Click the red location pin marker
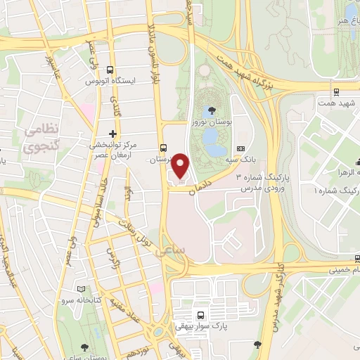[x=181, y=166]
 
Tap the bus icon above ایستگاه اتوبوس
[x=109, y=70]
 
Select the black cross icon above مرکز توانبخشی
[x=113, y=134]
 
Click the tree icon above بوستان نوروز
[x=212, y=109]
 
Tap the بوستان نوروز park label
[x=212, y=122]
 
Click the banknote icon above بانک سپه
[x=240, y=149]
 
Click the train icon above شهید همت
[x=337, y=91]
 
